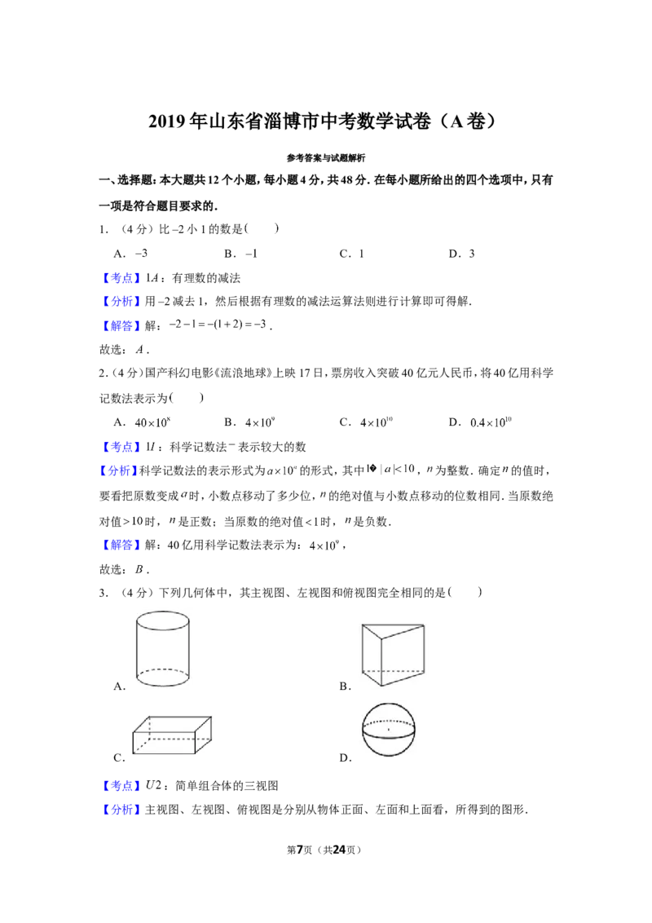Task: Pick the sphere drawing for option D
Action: [x=389, y=729]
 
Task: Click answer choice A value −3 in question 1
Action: [x=141, y=254]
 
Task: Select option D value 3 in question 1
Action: [x=471, y=254]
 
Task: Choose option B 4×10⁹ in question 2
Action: [x=259, y=422]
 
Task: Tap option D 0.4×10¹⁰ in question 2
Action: [x=491, y=422]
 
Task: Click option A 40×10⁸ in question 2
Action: [x=152, y=422]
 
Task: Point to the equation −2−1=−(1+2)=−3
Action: [x=218, y=325]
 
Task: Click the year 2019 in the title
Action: [x=166, y=121]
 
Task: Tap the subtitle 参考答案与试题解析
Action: [x=326, y=157]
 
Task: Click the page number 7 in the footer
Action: [x=300, y=850]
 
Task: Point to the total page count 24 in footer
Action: [x=339, y=850]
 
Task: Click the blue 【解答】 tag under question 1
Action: [x=121, y=325]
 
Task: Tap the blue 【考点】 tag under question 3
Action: [x=121, y=786]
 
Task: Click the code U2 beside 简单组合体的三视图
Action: [x=153, y=785]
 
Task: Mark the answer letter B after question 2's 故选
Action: [x=139, y=569]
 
